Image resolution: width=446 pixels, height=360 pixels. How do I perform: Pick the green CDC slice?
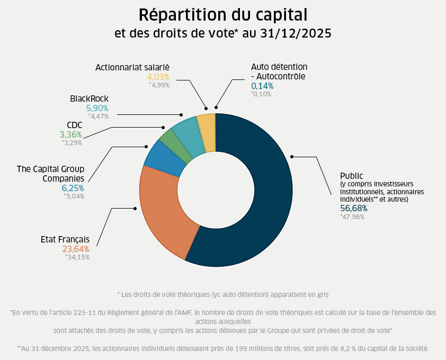[x=169, y=139]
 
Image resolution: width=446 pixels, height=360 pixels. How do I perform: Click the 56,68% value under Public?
[x=354, y=208]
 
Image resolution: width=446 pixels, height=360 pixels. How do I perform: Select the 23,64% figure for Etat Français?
[x=76, y=249]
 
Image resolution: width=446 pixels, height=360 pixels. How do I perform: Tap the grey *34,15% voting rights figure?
[x=77, y=257]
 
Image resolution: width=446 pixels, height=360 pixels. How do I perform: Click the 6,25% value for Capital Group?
[x=73, y=188]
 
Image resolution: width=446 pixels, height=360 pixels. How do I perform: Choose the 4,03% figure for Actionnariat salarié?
[x=158, y=77]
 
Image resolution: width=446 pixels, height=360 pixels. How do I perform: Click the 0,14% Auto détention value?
[x=262, y=86]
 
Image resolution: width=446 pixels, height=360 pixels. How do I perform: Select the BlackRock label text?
[x=89, y=98]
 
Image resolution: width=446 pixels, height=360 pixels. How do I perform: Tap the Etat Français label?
[x=65, y=239]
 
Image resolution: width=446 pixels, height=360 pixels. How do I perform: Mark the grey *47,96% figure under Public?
[x=352, y=217]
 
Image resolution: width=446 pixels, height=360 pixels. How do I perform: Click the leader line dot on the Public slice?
[x=292, y=156]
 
